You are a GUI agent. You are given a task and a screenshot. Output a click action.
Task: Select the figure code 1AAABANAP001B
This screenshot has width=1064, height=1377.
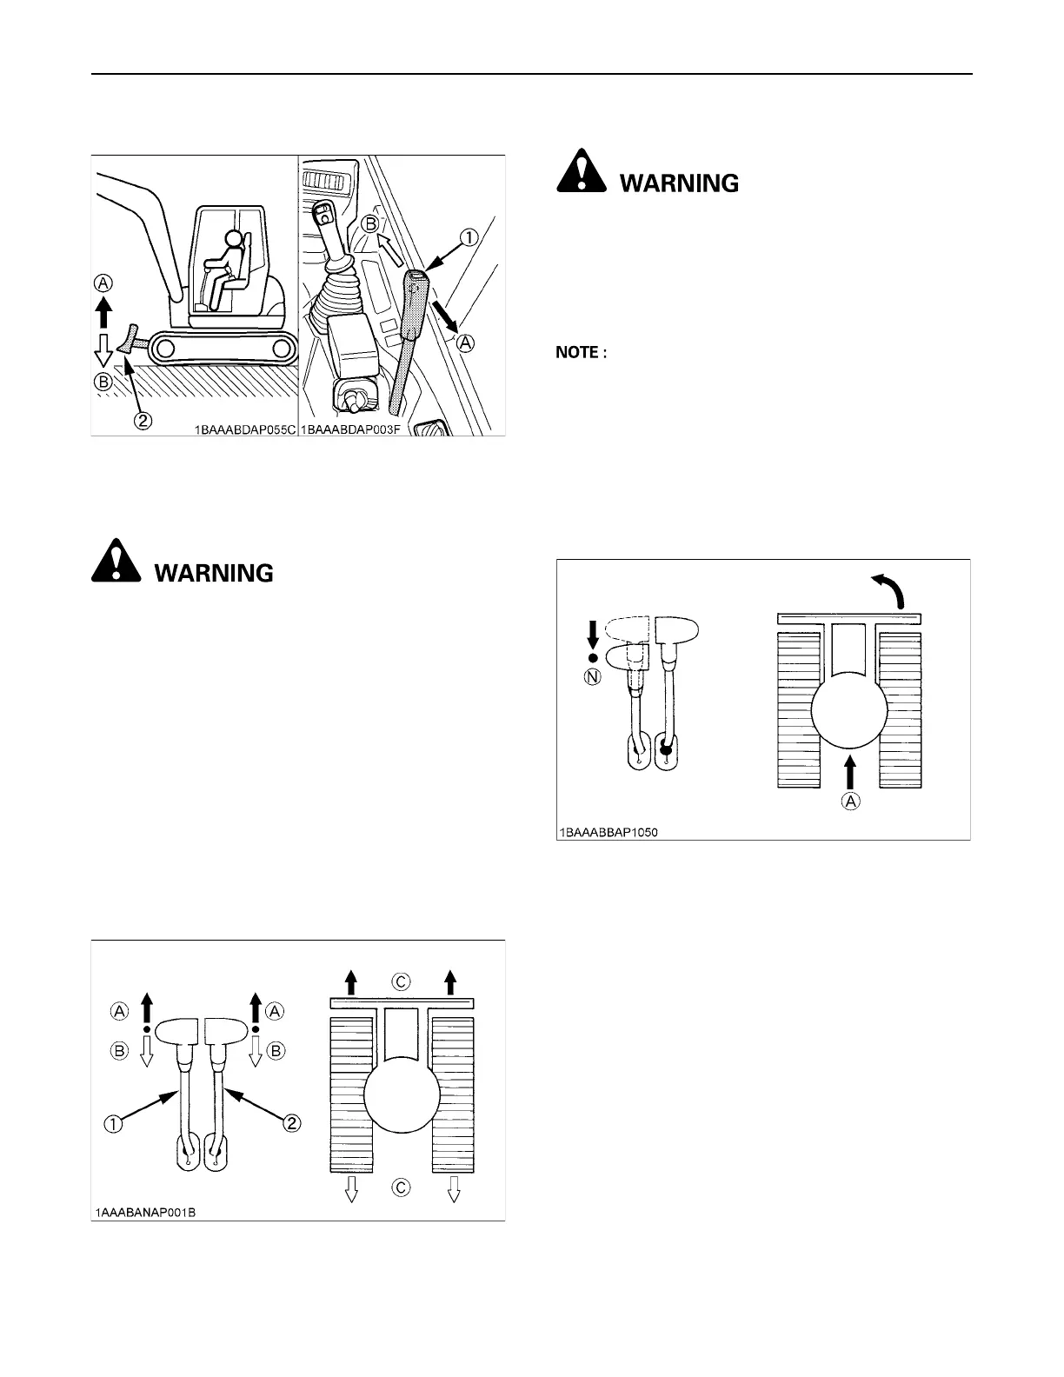click(x=146, y=1212)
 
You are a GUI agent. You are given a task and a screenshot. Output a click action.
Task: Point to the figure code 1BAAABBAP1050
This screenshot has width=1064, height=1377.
click(x=608, y=832)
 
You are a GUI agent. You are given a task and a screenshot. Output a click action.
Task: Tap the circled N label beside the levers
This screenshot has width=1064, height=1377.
click(x=593, y=678)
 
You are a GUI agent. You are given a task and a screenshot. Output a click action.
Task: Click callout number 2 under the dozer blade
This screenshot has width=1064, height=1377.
click(x=143, y=421)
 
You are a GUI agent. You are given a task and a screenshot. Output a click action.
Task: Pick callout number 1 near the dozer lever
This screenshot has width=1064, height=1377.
click(x=470, y=236)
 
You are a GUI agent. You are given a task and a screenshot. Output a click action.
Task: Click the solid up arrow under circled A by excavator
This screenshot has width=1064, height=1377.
click(x=103, y=310)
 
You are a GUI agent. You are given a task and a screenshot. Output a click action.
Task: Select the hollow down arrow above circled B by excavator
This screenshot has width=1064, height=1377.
click(x=103, y=351)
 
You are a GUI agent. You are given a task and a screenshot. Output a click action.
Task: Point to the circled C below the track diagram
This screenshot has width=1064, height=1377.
click(x=401, y=1188)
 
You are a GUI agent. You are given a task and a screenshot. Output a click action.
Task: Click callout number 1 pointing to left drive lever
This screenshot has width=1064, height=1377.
click(x=113, y=1123)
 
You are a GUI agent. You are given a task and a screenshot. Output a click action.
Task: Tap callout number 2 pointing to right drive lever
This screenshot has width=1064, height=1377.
click(x=293, y=1123)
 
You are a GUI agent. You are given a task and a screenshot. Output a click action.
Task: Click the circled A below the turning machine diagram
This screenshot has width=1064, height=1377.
click(x=851, y=802)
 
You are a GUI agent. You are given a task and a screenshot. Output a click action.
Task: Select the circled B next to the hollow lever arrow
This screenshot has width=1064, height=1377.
click(x=119, y=1052)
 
